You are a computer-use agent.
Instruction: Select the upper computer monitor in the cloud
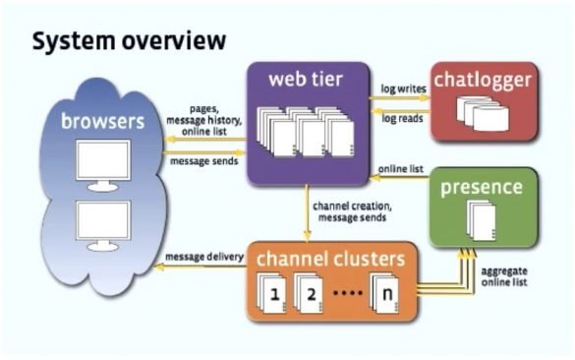103,163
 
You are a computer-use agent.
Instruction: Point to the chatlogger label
485,79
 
